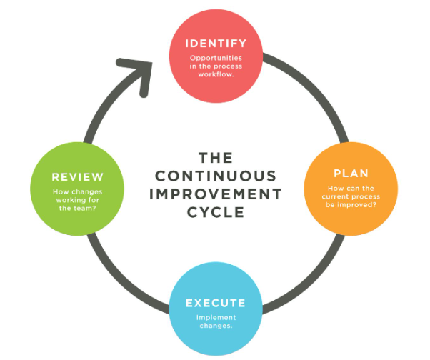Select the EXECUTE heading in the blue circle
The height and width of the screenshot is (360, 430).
pos(215,303)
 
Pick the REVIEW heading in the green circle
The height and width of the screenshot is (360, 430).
pos(78,177)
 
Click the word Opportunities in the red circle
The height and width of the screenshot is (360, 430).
pos(215,57)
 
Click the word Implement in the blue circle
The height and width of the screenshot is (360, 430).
pos(215,319)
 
